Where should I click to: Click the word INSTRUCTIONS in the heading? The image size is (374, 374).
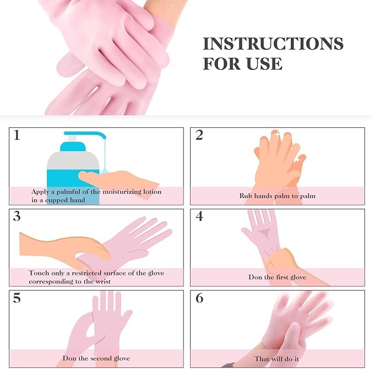click(x=273, y=44)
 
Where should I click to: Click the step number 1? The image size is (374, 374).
click(x=17, y=135)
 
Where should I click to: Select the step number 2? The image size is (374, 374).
click(x=199, y=135)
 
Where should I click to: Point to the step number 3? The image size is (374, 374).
click(x=17, y=216)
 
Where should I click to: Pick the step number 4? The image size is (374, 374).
click(x=199, y=216)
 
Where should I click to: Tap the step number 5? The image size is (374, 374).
click(x=17, y=298)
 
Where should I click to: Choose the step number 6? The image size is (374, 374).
click(x=199, y=298)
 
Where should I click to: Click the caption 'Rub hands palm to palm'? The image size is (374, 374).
click(x=277, y=196)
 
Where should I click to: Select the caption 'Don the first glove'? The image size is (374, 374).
click(x=277, y=277)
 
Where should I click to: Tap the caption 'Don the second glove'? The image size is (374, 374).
click(x=96, y=358)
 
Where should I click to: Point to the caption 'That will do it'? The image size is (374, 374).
click(x=277, y=358)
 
